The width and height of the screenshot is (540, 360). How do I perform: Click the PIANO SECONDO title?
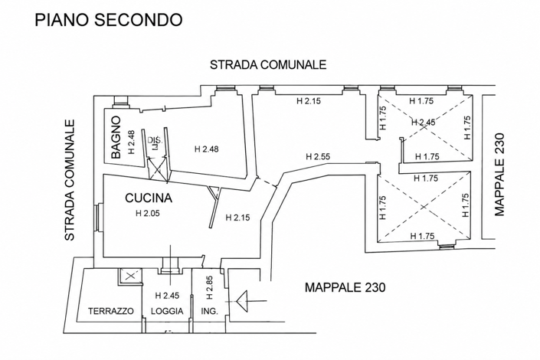(109, 20)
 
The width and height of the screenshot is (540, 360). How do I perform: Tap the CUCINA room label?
(149, 198)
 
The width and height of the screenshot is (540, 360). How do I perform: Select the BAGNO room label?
(116, 137)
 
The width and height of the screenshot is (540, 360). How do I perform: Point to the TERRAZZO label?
(111, 311)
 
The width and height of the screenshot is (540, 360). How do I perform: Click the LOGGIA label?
(167, 311)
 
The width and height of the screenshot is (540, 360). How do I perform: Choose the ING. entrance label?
(209, 312)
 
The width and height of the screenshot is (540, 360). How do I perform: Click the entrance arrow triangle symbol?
(242, 301)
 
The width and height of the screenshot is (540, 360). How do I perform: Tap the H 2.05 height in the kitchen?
(148, 214)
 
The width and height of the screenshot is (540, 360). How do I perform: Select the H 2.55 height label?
(318, 157)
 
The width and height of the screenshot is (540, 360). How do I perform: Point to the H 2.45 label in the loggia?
(167, 296)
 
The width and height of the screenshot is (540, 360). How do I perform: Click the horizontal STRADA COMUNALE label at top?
(268, 65)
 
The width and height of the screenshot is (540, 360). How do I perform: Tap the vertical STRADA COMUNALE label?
(70, 180)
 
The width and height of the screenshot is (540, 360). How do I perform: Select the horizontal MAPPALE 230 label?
(345, 287)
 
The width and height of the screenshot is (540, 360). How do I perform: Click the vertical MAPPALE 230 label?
(499, 175)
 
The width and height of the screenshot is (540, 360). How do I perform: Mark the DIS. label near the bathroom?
(155, 141)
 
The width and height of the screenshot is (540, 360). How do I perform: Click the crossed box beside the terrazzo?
(130, 276)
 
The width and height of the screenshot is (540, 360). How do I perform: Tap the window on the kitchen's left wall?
(97, 218)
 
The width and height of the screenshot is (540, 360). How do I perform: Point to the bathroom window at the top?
(120, 101)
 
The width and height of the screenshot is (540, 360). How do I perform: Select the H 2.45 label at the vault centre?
(424, 123)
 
